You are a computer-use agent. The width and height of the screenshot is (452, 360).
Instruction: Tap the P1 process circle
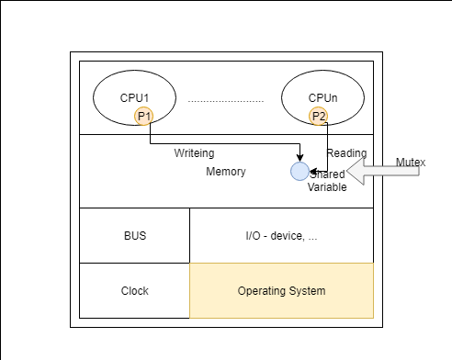[x=143, y=116]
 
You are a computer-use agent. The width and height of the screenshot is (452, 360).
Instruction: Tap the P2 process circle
[x=319, y=116]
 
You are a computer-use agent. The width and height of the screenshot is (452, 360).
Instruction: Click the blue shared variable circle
[x=299, y=171]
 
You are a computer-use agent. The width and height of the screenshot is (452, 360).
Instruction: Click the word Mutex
[x=411, y=162]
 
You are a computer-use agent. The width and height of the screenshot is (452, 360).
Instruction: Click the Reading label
[x=347, y=153]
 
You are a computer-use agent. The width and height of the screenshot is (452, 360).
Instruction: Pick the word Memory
[x=225, y=172]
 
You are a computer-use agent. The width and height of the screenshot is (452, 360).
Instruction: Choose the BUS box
[x=134, y=236]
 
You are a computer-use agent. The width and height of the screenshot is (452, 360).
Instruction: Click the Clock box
[x=134, y=291]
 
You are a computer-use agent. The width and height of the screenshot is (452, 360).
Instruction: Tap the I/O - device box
[x=281, y=236]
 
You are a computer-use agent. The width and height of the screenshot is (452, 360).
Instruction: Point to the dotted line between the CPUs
[x=225, y=99]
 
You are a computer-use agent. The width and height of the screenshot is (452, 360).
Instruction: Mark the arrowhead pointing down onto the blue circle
[x=299, y=158]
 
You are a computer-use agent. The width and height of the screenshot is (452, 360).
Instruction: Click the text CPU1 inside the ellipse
[x=134, y=96]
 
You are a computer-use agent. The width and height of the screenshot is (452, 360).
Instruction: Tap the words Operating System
[x=281, y=291]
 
